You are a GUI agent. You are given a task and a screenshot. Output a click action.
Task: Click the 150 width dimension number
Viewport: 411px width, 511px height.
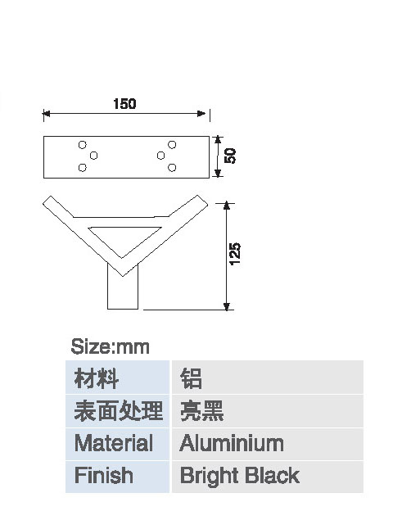pyautogui.click(x=124, y=104)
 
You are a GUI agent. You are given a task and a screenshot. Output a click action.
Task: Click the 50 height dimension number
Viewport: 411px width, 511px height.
pyautogui.click(x=230, y=156)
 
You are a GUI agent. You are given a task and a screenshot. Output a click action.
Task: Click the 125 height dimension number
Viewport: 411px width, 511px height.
pyautogui.click(x=235, y=254)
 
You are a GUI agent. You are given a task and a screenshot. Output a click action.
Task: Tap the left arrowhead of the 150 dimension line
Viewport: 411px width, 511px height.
pyautogui.click(x=47, y=113)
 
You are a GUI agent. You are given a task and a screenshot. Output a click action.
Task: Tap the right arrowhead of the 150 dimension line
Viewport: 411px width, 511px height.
pyautogui.click(x=201, y=113)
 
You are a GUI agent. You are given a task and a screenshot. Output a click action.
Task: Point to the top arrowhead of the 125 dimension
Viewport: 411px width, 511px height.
pyautogui.click(x=227, y=206)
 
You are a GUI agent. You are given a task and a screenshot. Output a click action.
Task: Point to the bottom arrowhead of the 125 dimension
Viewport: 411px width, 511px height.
pyautogui.click(x=227, y=306)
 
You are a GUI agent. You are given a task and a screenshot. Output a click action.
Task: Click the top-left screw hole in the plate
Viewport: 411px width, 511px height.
pyautogui.click(x=83, y=144)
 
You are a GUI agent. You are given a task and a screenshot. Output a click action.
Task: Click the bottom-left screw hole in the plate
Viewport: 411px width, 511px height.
pyautogui.click(x=83, y=168)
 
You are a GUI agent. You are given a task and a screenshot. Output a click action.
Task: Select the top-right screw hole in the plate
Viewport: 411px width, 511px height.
pyautogui.click(x=172, y=144)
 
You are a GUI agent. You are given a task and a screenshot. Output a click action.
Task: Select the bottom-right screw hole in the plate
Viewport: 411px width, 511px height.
pyautogui.click(x=172, y=168)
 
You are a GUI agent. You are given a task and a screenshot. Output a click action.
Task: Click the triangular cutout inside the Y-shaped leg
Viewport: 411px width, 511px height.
pyautogui.click(x=124, y=238)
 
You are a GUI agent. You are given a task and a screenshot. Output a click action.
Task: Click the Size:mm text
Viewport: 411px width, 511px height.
pyautogui.click(x=111, y=346)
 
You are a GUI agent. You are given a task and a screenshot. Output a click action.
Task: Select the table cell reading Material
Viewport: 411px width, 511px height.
pyautogui.click(x=117, y=444)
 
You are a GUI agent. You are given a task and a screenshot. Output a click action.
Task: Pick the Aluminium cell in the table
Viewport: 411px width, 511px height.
pyautogui.click(x=267, y=444)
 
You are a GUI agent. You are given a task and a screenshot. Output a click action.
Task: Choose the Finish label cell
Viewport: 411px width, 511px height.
pyautogui.click(x=117, y=477)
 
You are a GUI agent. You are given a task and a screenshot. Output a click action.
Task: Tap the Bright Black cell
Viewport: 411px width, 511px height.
pyautogui.click(x=267, y=477)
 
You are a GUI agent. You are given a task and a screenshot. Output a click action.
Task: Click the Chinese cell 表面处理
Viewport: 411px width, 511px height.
pyautogui.click(x=117, y=411)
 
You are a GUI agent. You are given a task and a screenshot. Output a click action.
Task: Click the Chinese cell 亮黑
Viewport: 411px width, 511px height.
pyautogui.click(x=267, y=411)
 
